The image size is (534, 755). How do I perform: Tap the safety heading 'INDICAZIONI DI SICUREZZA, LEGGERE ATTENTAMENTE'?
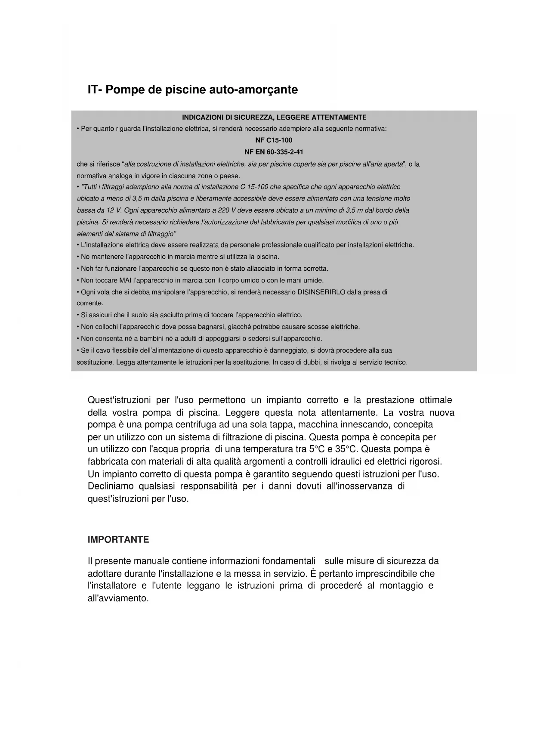[274, 117]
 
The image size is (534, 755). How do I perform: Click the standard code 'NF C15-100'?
[274, 140]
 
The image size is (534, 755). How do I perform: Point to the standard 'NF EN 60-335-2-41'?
[274, 152]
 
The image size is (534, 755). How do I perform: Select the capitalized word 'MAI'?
[125, 280]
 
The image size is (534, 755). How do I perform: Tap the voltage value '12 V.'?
[113, 210]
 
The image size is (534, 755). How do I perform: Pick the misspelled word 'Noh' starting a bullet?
[87, 269]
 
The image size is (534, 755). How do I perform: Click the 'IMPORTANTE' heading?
[118, 540]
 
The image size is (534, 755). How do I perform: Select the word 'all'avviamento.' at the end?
[118, 598]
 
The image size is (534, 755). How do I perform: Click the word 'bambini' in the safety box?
[134, 339]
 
